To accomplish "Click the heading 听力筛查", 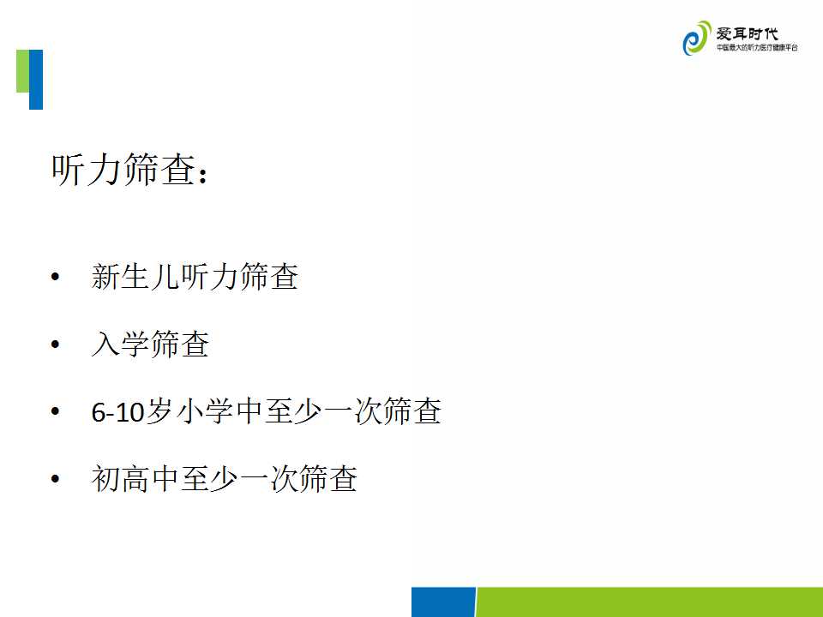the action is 124,170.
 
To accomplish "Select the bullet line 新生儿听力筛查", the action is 195,277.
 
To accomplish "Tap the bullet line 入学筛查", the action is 150,344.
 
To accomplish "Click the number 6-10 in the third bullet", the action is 117,412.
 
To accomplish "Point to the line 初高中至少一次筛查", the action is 224,478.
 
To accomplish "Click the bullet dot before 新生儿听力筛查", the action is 55,277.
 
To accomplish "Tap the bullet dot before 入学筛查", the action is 55,344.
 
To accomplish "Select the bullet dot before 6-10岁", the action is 55,411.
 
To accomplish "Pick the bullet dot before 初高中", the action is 55,478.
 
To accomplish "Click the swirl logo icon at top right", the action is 696,39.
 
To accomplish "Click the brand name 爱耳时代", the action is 747,33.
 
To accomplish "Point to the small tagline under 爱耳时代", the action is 757,48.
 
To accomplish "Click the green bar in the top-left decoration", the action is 22,71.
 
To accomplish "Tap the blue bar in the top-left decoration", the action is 36,80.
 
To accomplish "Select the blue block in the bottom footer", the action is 443,602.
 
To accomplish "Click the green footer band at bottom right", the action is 649,602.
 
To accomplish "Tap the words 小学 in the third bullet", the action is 205,411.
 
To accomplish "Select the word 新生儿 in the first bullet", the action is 135,277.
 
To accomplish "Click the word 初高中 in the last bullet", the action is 135,478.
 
